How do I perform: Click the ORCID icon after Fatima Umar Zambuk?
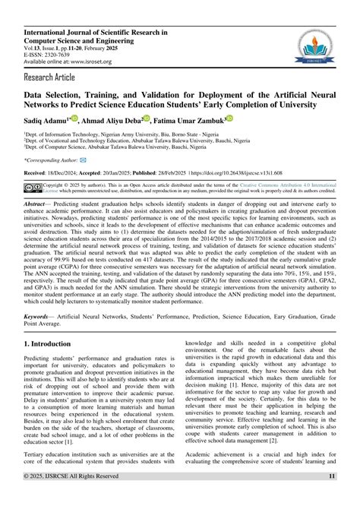(229, 119)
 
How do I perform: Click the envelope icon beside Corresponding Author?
(83, 160)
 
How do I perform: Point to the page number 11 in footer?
(332, 497)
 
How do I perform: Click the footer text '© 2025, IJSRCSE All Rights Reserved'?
(71, 497)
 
